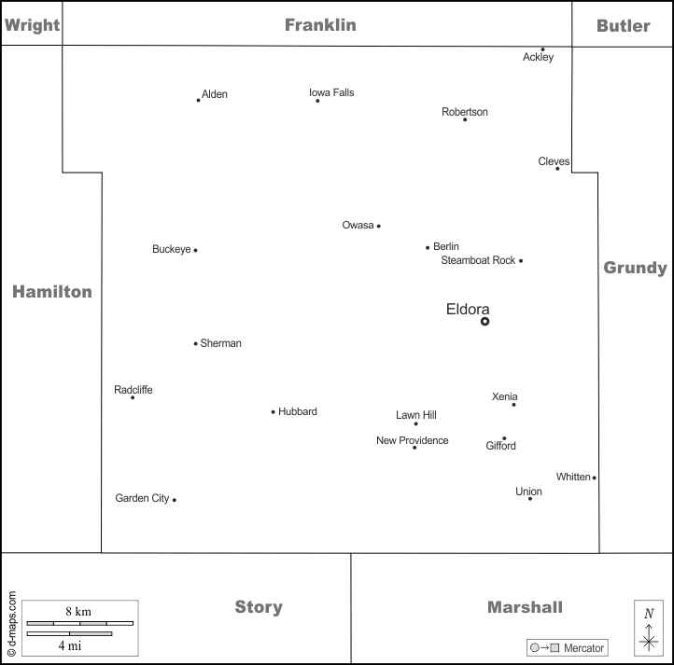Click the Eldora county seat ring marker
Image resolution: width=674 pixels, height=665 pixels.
[x=484, y=321]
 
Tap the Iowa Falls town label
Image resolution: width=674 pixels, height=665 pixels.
[x=331, y=92]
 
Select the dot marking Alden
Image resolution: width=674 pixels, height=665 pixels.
[x=198, y=100]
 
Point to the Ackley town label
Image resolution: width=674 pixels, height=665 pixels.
[x=538, y=57]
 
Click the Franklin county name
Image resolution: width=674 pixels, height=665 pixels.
[x=320, y=25]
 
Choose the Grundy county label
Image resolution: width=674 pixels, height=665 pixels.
[x=635, y=269]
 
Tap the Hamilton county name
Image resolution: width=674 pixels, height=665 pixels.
[x=52, y=292]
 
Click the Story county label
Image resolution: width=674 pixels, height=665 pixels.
[x=259, y=607]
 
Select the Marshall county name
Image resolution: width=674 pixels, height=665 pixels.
[x=525, y=607]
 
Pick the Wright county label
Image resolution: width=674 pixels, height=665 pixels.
[x=33, y=25]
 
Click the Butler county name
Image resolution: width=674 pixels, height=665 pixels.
[x=623, y=25]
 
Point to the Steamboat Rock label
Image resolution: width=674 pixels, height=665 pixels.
[x=478, y=260]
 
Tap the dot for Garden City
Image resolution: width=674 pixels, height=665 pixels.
[x=174, y=500]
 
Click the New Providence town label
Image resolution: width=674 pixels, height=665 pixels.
[x=412, y=440]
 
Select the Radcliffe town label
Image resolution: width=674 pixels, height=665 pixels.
[x=133, y=390]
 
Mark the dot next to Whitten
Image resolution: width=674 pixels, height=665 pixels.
[x=594, y=478]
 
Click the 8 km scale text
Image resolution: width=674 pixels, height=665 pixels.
[x=77, y=611]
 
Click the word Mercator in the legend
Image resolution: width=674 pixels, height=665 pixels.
[x=584, y=648]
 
